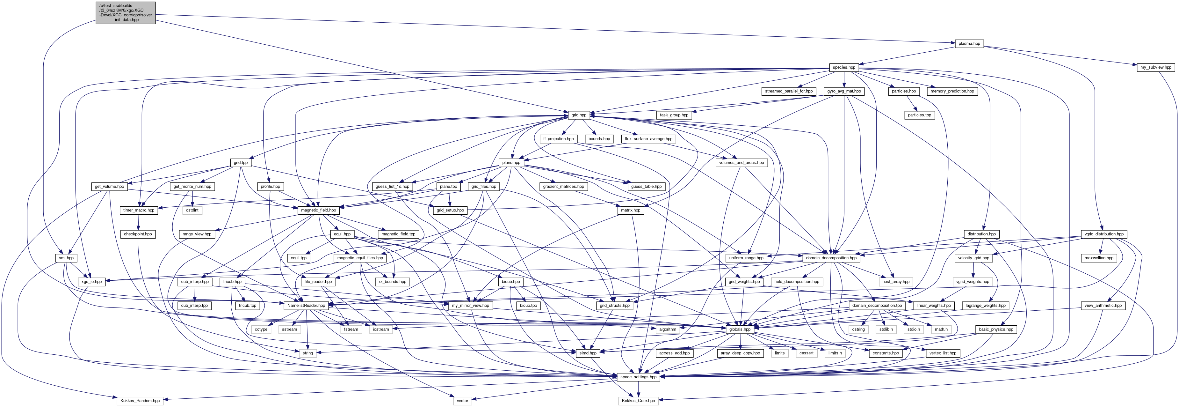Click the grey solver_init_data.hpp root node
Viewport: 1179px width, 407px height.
pos(126,13)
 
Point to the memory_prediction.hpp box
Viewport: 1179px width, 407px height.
pos(952,91)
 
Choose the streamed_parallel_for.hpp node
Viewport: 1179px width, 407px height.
pos(789,91)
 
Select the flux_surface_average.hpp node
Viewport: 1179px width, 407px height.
pos(648,139)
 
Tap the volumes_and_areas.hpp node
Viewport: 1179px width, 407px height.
pos(741,163)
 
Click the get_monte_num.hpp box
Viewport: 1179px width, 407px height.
pos(192,187)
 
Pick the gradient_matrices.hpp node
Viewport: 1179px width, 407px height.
pos(563,187)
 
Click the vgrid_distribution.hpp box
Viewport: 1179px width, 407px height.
pos(1103,234)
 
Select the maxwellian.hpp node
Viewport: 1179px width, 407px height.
pos(1099,258)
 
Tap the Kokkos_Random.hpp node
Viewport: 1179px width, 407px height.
pos(140,401)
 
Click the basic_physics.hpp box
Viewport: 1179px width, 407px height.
pos(995,329)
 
